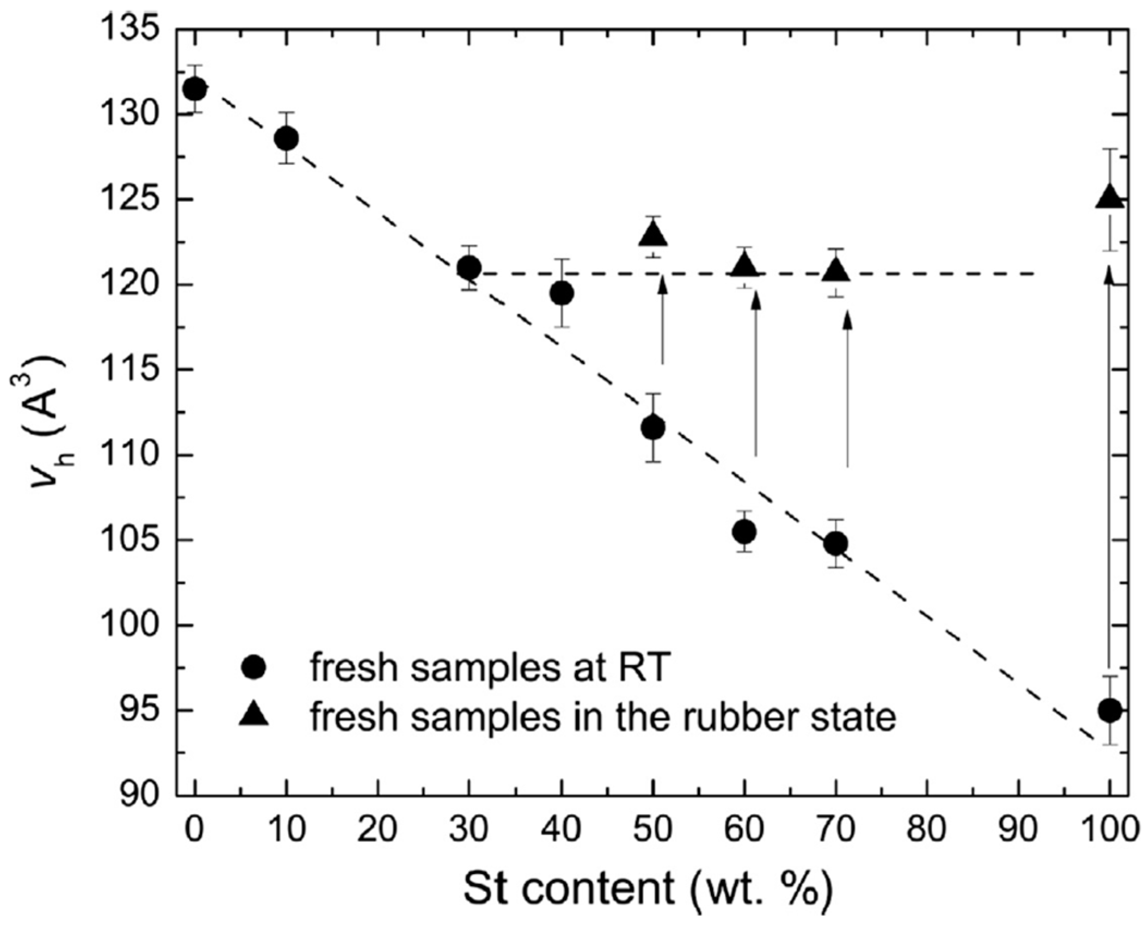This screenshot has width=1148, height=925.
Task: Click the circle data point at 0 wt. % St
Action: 194,89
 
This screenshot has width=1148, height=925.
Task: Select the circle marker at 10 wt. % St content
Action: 286,138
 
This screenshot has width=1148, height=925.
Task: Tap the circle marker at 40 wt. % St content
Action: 561,294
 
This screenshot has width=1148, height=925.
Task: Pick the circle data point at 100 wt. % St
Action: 1110,710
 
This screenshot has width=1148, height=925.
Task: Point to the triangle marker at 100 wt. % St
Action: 1110,197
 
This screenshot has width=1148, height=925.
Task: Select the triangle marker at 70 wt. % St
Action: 836,270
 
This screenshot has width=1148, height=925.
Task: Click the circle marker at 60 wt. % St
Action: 744,532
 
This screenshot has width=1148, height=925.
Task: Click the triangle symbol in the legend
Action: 254,714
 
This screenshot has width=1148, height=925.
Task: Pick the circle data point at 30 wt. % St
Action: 469,267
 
